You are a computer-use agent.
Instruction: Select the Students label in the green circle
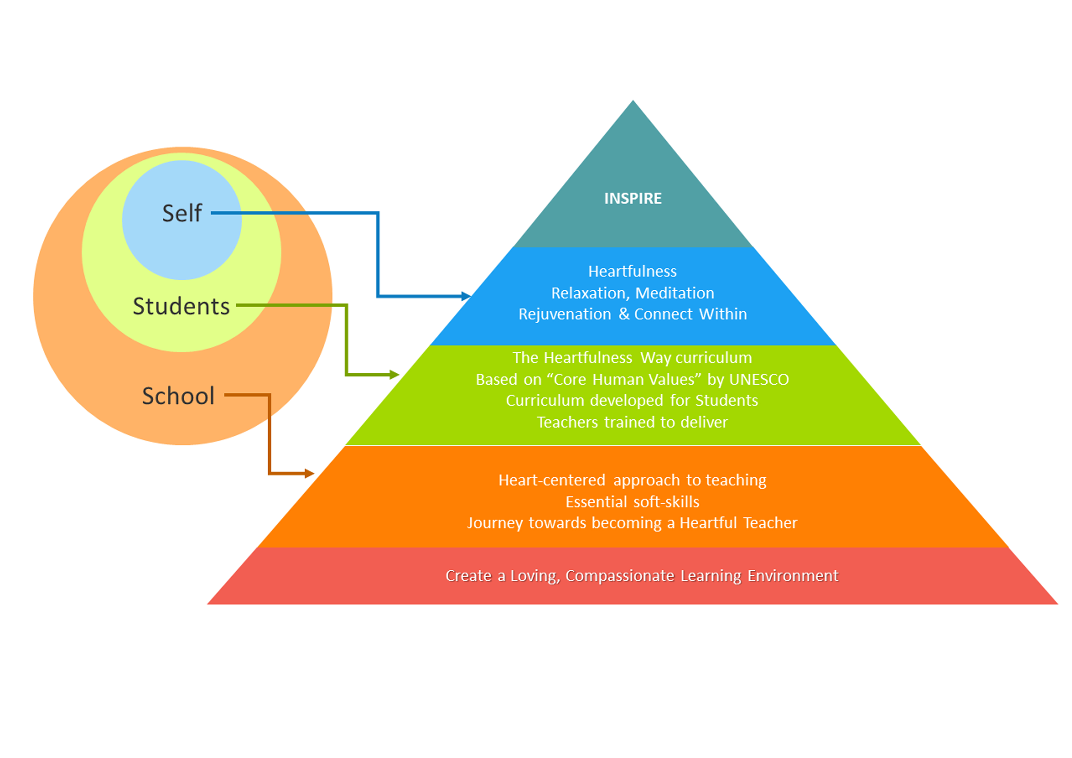[181, 306]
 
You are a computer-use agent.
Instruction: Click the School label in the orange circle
[178, 396]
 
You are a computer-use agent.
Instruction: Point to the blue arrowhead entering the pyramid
[466, 296]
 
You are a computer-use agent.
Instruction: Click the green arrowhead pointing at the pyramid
[395, 374]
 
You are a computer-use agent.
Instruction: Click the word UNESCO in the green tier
[759, 379]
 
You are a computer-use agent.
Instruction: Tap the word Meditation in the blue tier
[675, 293]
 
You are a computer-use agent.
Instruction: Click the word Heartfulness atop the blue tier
[633, 271]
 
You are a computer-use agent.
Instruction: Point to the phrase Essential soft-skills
[633, 502]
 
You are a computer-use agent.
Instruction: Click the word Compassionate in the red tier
[620, 576]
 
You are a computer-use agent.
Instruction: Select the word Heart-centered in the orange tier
[552, 480]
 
